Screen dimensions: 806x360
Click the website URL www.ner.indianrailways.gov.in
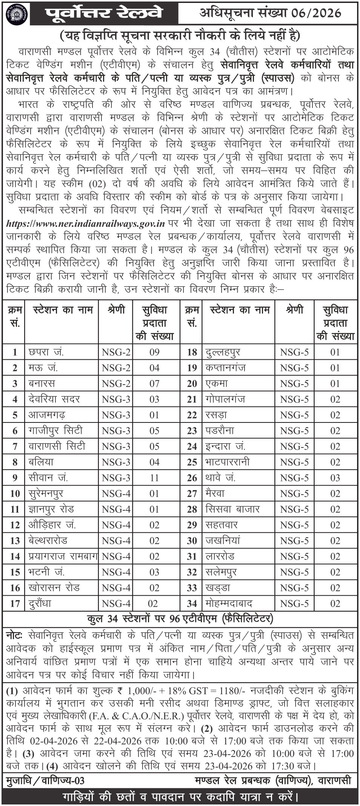click(x=86, y=223)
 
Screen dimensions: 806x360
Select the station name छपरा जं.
click(x=46, y=352)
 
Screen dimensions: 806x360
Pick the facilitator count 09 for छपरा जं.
click(x=154, y=353)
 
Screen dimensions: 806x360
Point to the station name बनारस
click(x=42, y=384)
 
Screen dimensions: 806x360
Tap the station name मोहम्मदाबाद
click(x=229, y=604)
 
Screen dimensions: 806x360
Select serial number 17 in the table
click(x=15, y=604)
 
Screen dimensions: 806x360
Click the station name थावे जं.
click(x=221, y=478)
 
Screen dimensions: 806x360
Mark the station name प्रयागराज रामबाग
click(x=63, y=556)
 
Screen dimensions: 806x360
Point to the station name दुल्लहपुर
click(x=223, y=352)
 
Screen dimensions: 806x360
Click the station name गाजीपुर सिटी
click(x=55, y=431)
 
